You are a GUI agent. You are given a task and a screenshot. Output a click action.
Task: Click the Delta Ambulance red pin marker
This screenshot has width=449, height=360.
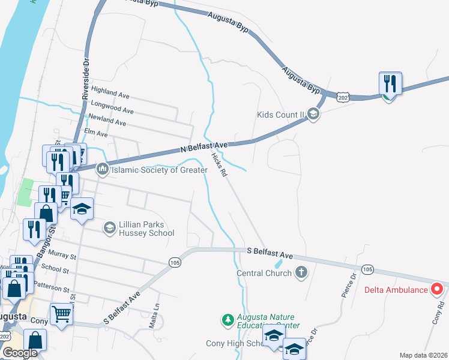(x=437, y=289)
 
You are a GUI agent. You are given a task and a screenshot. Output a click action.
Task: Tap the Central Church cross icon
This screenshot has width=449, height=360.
(x=301, y=273)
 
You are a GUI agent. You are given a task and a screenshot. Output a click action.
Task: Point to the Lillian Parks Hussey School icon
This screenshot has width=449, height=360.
(x=109, y=227)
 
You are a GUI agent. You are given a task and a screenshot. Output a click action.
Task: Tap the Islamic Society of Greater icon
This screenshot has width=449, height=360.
(x=102, y=170)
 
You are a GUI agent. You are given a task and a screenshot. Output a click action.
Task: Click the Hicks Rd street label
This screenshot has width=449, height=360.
(x=219, y=164)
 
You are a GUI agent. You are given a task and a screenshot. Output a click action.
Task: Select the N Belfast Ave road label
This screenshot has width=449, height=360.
(x=204, y=146)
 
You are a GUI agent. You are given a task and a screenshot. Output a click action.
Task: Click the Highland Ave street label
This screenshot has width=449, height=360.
(x=110, y=94)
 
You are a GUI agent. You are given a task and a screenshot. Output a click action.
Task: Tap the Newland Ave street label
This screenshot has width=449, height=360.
(x=107, y=122)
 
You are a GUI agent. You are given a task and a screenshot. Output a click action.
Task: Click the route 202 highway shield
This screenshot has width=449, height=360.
(x=343, y=97)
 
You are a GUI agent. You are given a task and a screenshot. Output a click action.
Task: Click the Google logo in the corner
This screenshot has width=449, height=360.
(x=19, y=352)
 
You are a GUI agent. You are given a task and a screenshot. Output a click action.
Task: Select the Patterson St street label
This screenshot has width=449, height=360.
(x=55, y=288)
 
